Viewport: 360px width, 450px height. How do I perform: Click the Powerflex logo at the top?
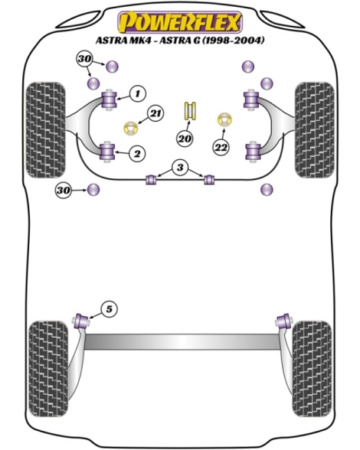[180, 22]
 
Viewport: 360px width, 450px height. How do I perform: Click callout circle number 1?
[138, 93]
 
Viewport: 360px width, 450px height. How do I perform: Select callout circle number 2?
[137, 154]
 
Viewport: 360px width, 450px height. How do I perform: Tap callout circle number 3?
[180, 167]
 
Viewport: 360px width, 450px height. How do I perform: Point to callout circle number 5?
[110, 309]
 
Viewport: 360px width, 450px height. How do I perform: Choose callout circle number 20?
[185, 139]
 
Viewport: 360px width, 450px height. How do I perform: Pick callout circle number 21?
[155, 113]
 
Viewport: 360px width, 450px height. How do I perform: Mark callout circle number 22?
[221, 148]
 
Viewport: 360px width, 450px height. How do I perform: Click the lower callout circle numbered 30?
[64, 190]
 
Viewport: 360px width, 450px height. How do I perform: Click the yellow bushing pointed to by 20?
[190, 110]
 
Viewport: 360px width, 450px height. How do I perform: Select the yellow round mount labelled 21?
[131, 129]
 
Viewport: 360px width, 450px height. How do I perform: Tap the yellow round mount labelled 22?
[224, 120]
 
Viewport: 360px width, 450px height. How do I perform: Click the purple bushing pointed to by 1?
[110, 99]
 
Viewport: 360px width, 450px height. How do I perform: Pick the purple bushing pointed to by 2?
[108, 152]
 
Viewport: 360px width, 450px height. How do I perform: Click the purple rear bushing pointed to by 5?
[81, 321]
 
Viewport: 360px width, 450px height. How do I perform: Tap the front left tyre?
[45, 130]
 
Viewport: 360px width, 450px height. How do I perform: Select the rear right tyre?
[312, 369]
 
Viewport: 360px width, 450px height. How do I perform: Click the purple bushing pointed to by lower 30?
[93, 190]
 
